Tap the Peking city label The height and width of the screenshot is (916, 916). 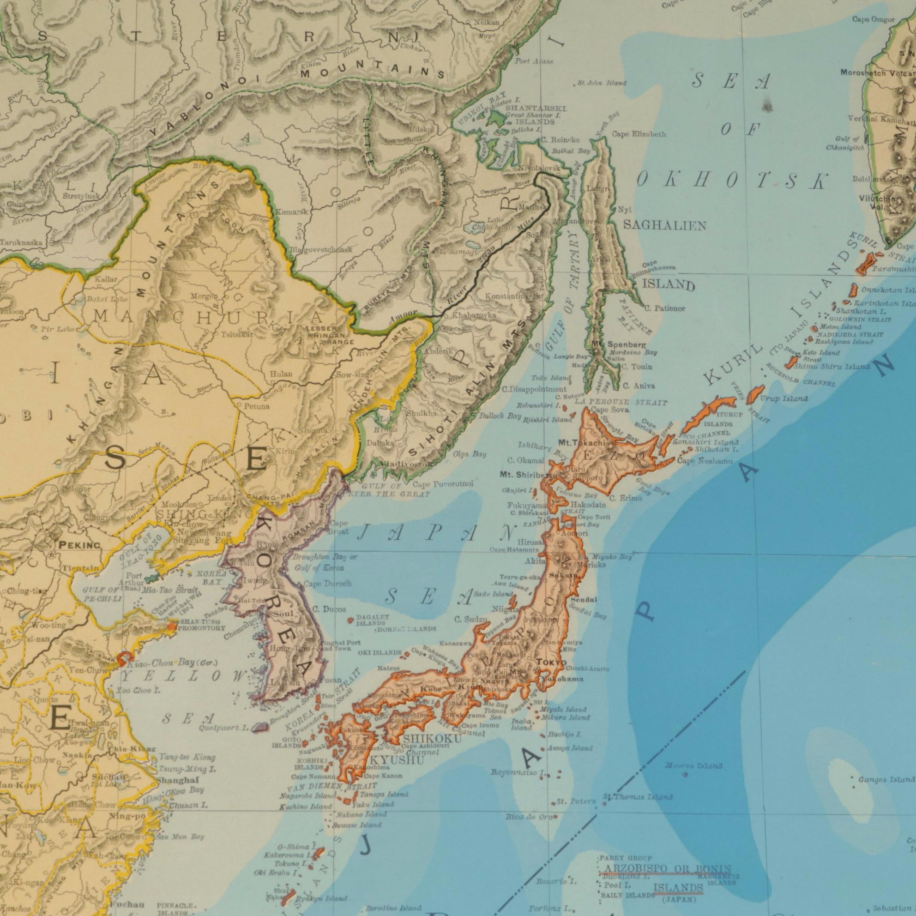pos(80,545)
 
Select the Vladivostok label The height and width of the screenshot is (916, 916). pos(405,464)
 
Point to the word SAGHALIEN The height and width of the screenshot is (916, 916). pos(665,226)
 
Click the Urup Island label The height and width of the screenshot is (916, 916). pos(784,399)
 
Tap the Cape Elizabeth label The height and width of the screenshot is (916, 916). pos(639,134)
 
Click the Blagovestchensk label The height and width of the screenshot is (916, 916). pos(321,249)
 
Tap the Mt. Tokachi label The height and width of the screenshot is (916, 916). pos(581,443)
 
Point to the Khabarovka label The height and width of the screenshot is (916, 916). pos(474,315)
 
